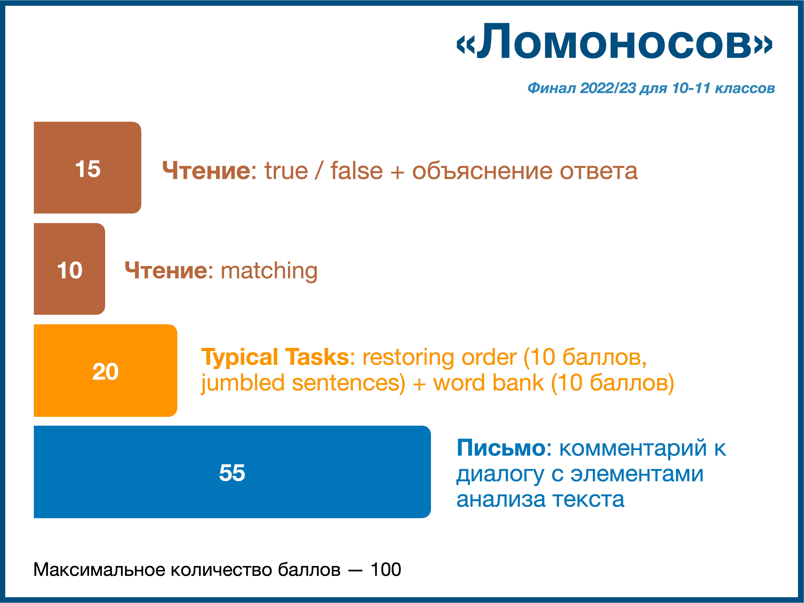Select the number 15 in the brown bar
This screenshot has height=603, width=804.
pos(88,169)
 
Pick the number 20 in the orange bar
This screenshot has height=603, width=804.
pos(105,372)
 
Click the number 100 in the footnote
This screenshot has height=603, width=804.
pos(386,570)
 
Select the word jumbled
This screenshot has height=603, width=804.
pos(243,383)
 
